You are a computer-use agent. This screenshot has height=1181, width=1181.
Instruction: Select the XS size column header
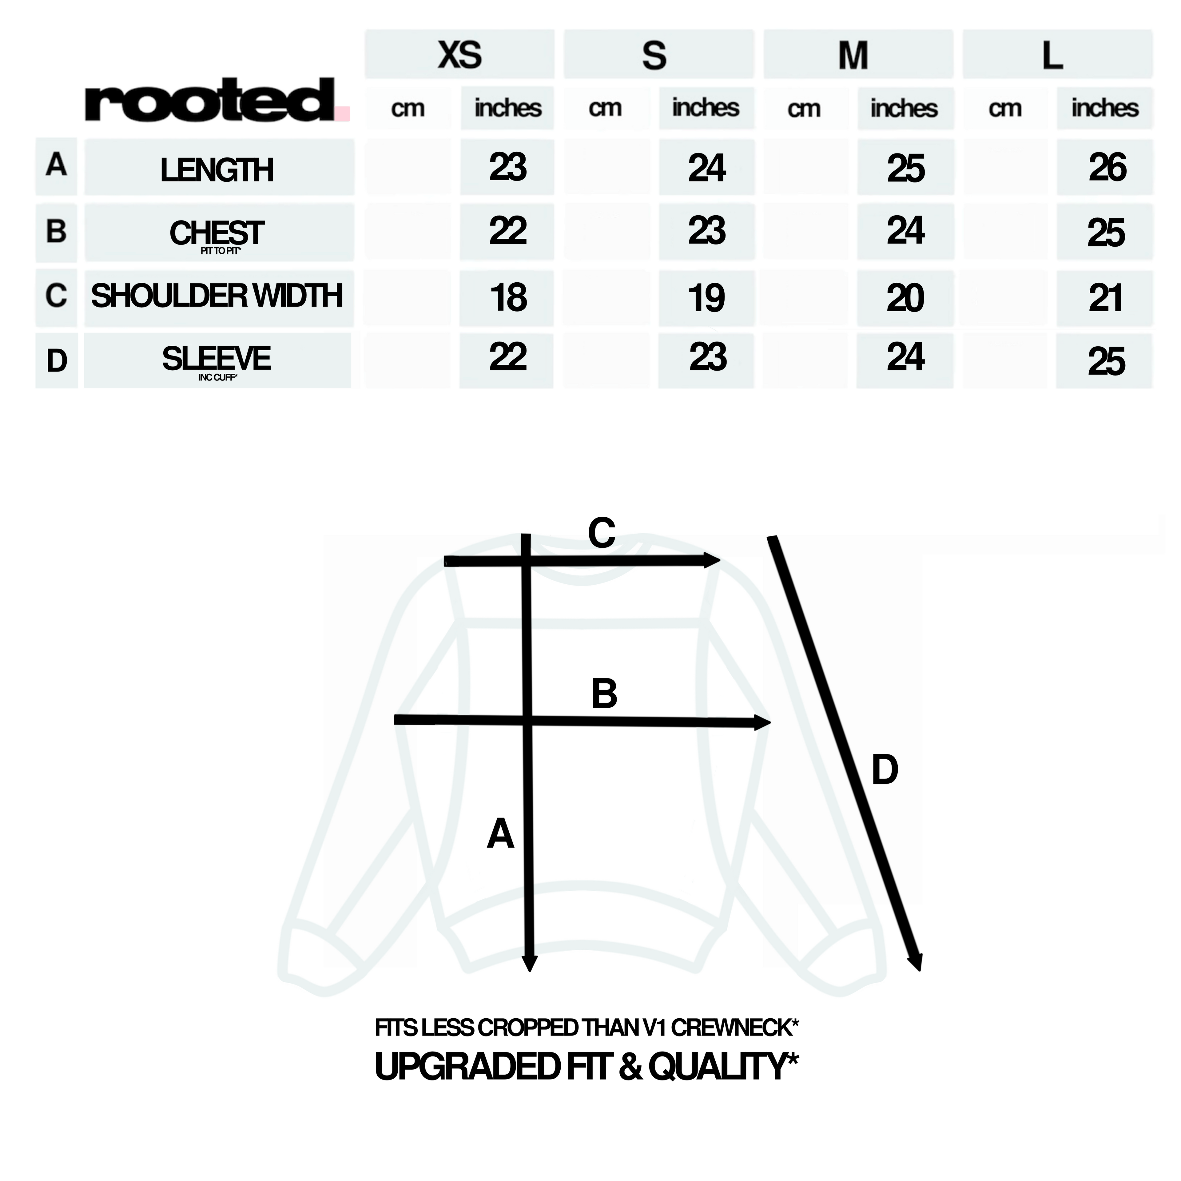(460, 55)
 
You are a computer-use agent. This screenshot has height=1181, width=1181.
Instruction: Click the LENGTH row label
(217, 170)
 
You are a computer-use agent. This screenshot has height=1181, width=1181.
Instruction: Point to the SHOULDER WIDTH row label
(217, 296)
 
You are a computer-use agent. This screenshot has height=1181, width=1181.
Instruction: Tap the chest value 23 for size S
(707, 231)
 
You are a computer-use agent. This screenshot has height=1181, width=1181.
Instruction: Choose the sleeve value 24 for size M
(905, 357)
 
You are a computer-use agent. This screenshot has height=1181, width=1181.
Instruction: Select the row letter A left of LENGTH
(56, 165)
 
